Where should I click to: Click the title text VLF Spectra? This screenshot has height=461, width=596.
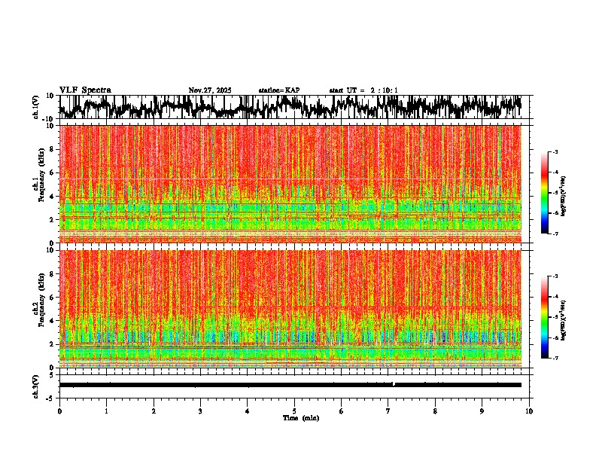point(85,90)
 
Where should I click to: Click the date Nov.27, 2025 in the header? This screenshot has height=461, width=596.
point(210,90)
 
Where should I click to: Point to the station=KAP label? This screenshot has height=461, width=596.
point(279,90)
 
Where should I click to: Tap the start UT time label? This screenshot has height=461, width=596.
point(363,90)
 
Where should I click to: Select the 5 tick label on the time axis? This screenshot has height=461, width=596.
point(294,411)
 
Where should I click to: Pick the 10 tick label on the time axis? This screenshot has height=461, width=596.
point(529,411)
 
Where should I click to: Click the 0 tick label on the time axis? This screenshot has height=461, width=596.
point(59,411)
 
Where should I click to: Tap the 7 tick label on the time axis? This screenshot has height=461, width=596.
point(388,411)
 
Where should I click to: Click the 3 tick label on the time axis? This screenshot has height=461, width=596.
point(200,411)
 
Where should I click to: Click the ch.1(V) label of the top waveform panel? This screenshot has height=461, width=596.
point(36,108)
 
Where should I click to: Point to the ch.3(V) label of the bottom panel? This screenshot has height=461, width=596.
point(36,385)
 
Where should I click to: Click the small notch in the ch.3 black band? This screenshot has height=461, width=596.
point(394,383)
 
